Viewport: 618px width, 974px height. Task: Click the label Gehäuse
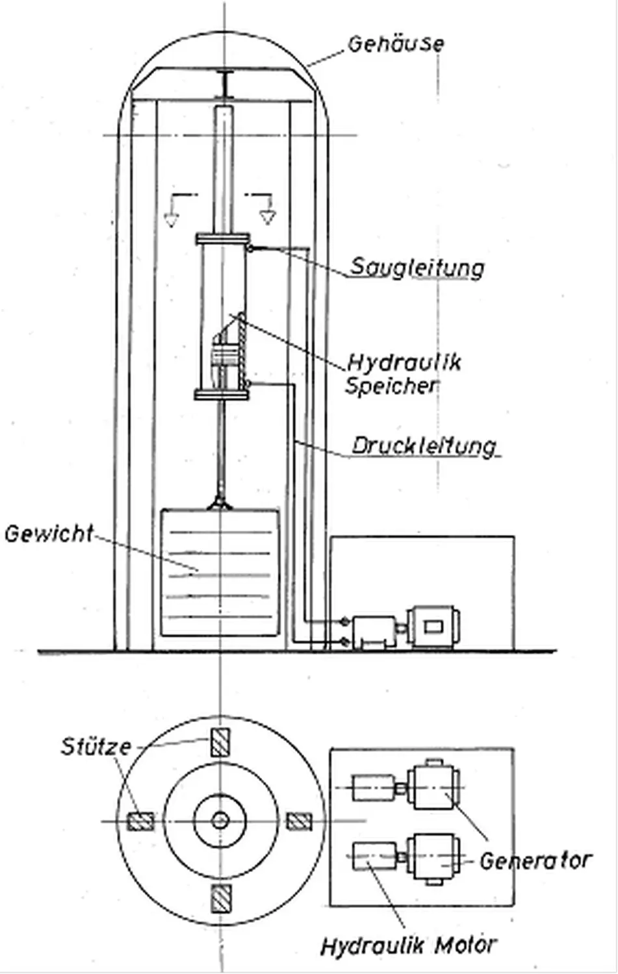(396, 44)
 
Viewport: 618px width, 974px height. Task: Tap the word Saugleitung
(417, 268)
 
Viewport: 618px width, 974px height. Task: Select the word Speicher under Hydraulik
(391, 386)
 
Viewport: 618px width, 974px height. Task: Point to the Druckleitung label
(424, 446)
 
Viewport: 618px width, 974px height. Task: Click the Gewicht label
(49, 534)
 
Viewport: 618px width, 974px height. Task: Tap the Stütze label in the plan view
(96, 746)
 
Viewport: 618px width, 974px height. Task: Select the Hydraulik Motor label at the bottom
(409, 945)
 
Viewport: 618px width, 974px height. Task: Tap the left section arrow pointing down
(171, 218)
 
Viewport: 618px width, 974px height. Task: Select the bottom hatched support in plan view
(220, 901)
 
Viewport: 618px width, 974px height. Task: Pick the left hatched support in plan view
(139, 821)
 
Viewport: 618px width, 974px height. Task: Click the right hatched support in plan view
(299, 821)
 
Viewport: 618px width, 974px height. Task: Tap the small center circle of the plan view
(220, 821)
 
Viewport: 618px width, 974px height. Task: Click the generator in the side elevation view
(433, 627)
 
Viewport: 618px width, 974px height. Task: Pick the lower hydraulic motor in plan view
(374, 858)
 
